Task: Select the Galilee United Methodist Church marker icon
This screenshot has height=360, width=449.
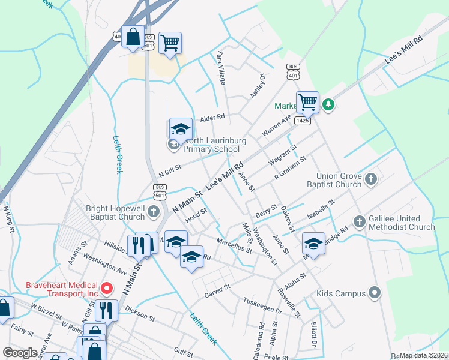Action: (360, 221)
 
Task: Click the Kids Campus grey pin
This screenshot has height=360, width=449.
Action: (375, 293)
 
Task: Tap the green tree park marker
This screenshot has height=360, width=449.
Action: (328, 105)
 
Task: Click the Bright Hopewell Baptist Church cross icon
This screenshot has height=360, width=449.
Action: (154, 211)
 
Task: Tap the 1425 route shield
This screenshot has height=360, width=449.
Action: (303, 121)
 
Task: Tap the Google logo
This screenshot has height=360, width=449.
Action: (20, 353)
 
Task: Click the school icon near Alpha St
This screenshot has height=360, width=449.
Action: (313, 244)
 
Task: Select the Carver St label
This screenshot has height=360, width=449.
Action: (217, 289)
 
